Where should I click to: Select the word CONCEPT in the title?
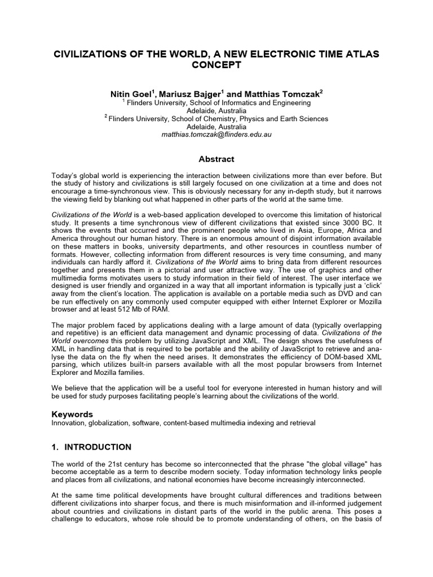tap(216, 65)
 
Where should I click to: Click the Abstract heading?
tap(216, 159)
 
